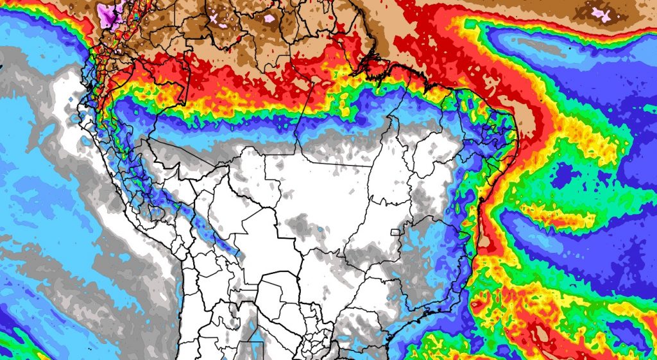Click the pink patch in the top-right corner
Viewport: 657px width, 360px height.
[601, 12]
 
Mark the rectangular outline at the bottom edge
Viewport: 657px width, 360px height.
[250, 350]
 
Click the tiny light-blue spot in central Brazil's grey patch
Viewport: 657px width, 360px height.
[319, 229]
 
